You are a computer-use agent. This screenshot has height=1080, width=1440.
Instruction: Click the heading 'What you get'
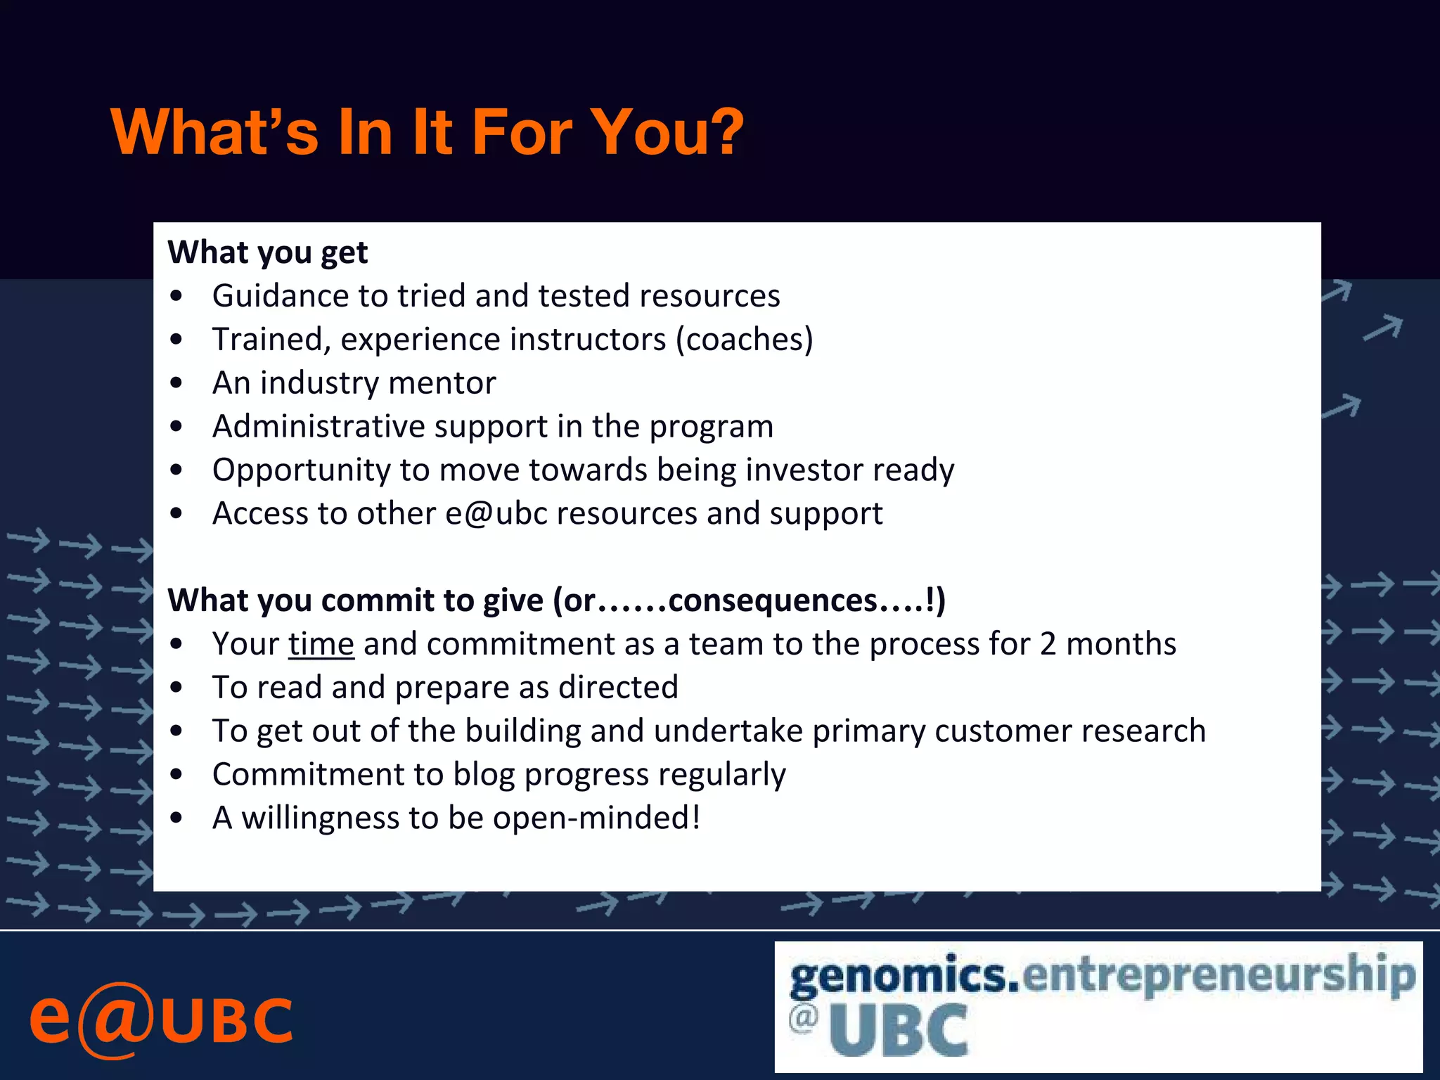pyautogui.click(x=267, y=252)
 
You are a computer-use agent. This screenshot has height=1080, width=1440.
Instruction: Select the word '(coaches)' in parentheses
pyautogui.click(x=745, y=340)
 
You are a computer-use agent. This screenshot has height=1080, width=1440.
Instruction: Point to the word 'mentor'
pyautogui.click(x=442, y=383)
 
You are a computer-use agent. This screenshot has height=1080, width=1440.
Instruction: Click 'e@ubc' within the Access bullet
pyautogui.click(x=496, y=513)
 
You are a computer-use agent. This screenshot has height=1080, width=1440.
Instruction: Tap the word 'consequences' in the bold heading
pyautogui.click(x=772, y=600)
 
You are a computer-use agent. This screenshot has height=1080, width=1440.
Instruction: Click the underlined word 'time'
pyautogui.click(x=321, y=644)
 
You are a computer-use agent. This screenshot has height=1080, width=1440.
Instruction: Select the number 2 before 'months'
pyautogui.click(x=1048, y=644)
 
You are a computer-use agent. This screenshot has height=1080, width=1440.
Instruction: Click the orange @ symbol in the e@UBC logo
pyautogui.click(x=115, y=1020)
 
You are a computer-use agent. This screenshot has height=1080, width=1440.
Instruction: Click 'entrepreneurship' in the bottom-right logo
pyautogui.click(x=1219, y=976)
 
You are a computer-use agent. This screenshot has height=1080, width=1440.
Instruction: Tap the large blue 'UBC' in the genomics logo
pyautogui.click(x=898, y=1030)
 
